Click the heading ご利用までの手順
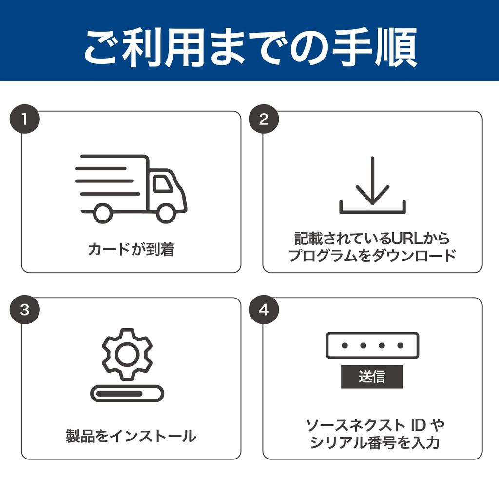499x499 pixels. (x=249, y=47)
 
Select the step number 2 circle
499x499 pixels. (x=264, y=120)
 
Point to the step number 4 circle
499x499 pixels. (x=264, y=310)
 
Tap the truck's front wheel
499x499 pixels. (x=166, y=213)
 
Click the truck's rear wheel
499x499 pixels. (x=102, y=213)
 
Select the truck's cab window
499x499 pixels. (x=162, y=183)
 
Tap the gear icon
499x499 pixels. (x=127, y=354)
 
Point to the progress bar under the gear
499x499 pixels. (x=127, y=393)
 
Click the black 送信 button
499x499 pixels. (x=372, y=377)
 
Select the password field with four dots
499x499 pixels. (x=372, y=345)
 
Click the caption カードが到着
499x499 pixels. (x=131, y=250)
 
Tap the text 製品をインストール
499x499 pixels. (x=131, y=436)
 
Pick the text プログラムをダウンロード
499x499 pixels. (x=372, y=255)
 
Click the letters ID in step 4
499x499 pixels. (x=417, y=425)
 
